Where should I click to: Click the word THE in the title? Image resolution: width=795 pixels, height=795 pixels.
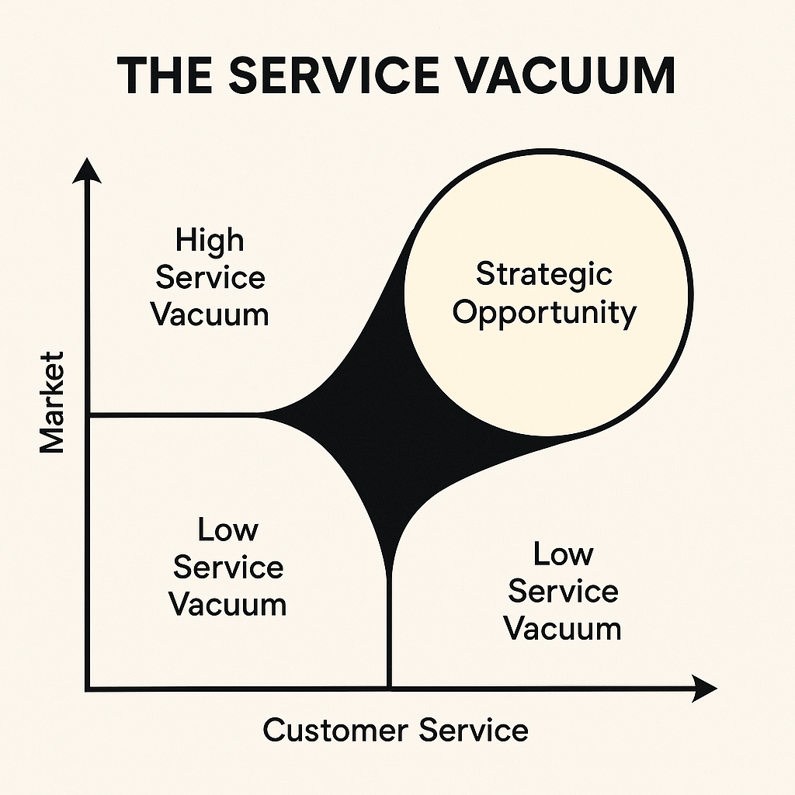coord(165,75)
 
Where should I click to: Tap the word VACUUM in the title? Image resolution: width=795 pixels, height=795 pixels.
coord(578,75)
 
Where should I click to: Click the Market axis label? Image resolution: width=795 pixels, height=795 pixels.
coord(52,402)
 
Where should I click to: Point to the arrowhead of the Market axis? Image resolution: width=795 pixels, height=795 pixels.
coord(89,169)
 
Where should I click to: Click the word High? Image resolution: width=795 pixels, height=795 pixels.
coord(210,240)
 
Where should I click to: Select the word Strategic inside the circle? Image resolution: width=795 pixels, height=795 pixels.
coord(544,274)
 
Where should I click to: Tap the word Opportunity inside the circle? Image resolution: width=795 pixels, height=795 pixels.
coord(544,312)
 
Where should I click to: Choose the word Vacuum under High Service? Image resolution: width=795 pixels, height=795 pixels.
coord(210,315)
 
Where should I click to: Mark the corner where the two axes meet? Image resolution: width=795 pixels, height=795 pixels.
coord(89,688)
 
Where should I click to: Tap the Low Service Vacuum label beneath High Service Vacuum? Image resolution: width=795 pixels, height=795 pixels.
coord(227,568)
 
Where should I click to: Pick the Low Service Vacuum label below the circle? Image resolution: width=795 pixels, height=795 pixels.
coord(563,592)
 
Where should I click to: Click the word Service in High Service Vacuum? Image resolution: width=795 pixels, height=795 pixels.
coord(210,278)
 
